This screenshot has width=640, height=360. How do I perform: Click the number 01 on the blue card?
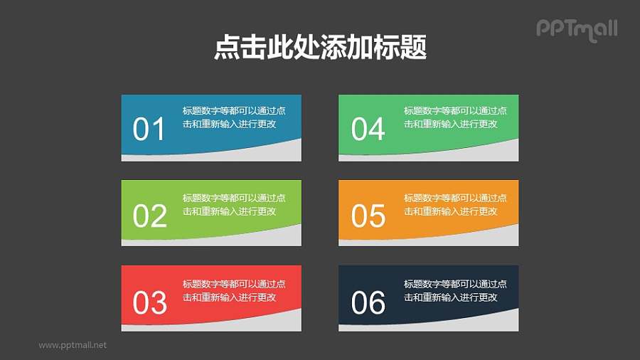[x=149, y=129]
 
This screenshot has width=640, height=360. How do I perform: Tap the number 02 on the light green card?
[x=149, y=216]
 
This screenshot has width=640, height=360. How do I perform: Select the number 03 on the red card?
[x=149, y=302]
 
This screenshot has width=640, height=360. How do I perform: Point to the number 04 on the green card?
[x=368, y=129]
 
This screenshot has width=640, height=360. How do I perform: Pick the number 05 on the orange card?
[x=368, y=216]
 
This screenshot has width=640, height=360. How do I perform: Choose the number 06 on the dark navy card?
[x=368, y=302]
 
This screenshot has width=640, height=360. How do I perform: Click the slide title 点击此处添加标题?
[x=320, y=48]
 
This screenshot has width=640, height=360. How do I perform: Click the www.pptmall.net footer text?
[x=73, y=345]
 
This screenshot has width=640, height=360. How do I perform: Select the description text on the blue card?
[x=234, y=117]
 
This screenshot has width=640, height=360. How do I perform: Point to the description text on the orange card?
[x=455, y=204]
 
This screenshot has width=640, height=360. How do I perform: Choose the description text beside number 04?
[x=455, y=117]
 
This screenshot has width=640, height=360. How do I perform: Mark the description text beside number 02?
[x=234, y=204]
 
